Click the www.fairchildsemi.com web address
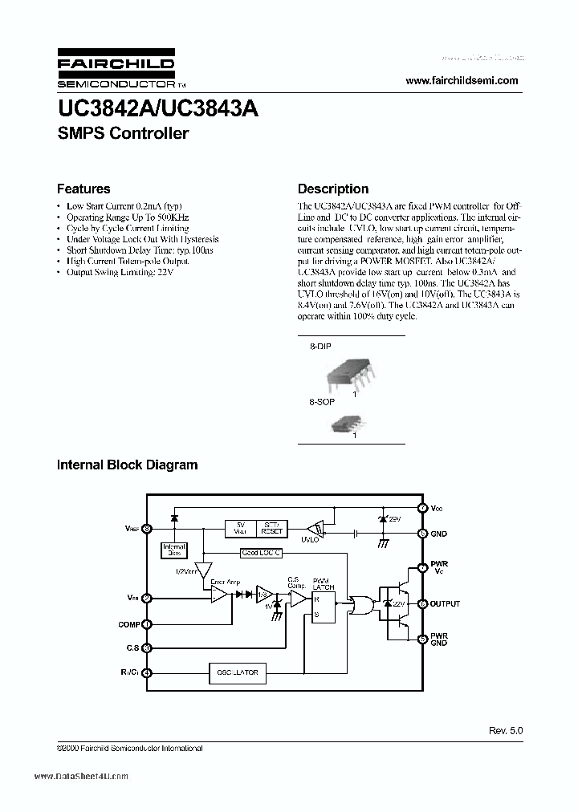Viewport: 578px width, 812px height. [x=462, y=80]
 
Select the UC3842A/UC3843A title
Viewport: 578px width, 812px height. [x=157, y=109]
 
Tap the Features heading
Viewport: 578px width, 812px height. [x=83, y=189]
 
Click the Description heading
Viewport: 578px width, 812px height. [x=333, y=189]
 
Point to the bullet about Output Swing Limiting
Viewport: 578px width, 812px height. [x=120, y=273]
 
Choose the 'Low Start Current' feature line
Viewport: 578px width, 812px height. [x=124, y=206]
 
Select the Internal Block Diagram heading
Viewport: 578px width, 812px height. [x=127, y=465]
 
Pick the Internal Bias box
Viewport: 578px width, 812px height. [x=174, y=550]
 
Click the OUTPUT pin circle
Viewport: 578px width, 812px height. [x=422, y=603]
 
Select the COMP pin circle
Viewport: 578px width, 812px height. [x=146, y=624]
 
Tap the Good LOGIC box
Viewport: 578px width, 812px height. [x=262, y=552]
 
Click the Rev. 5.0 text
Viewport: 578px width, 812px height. [x=504, y=731]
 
